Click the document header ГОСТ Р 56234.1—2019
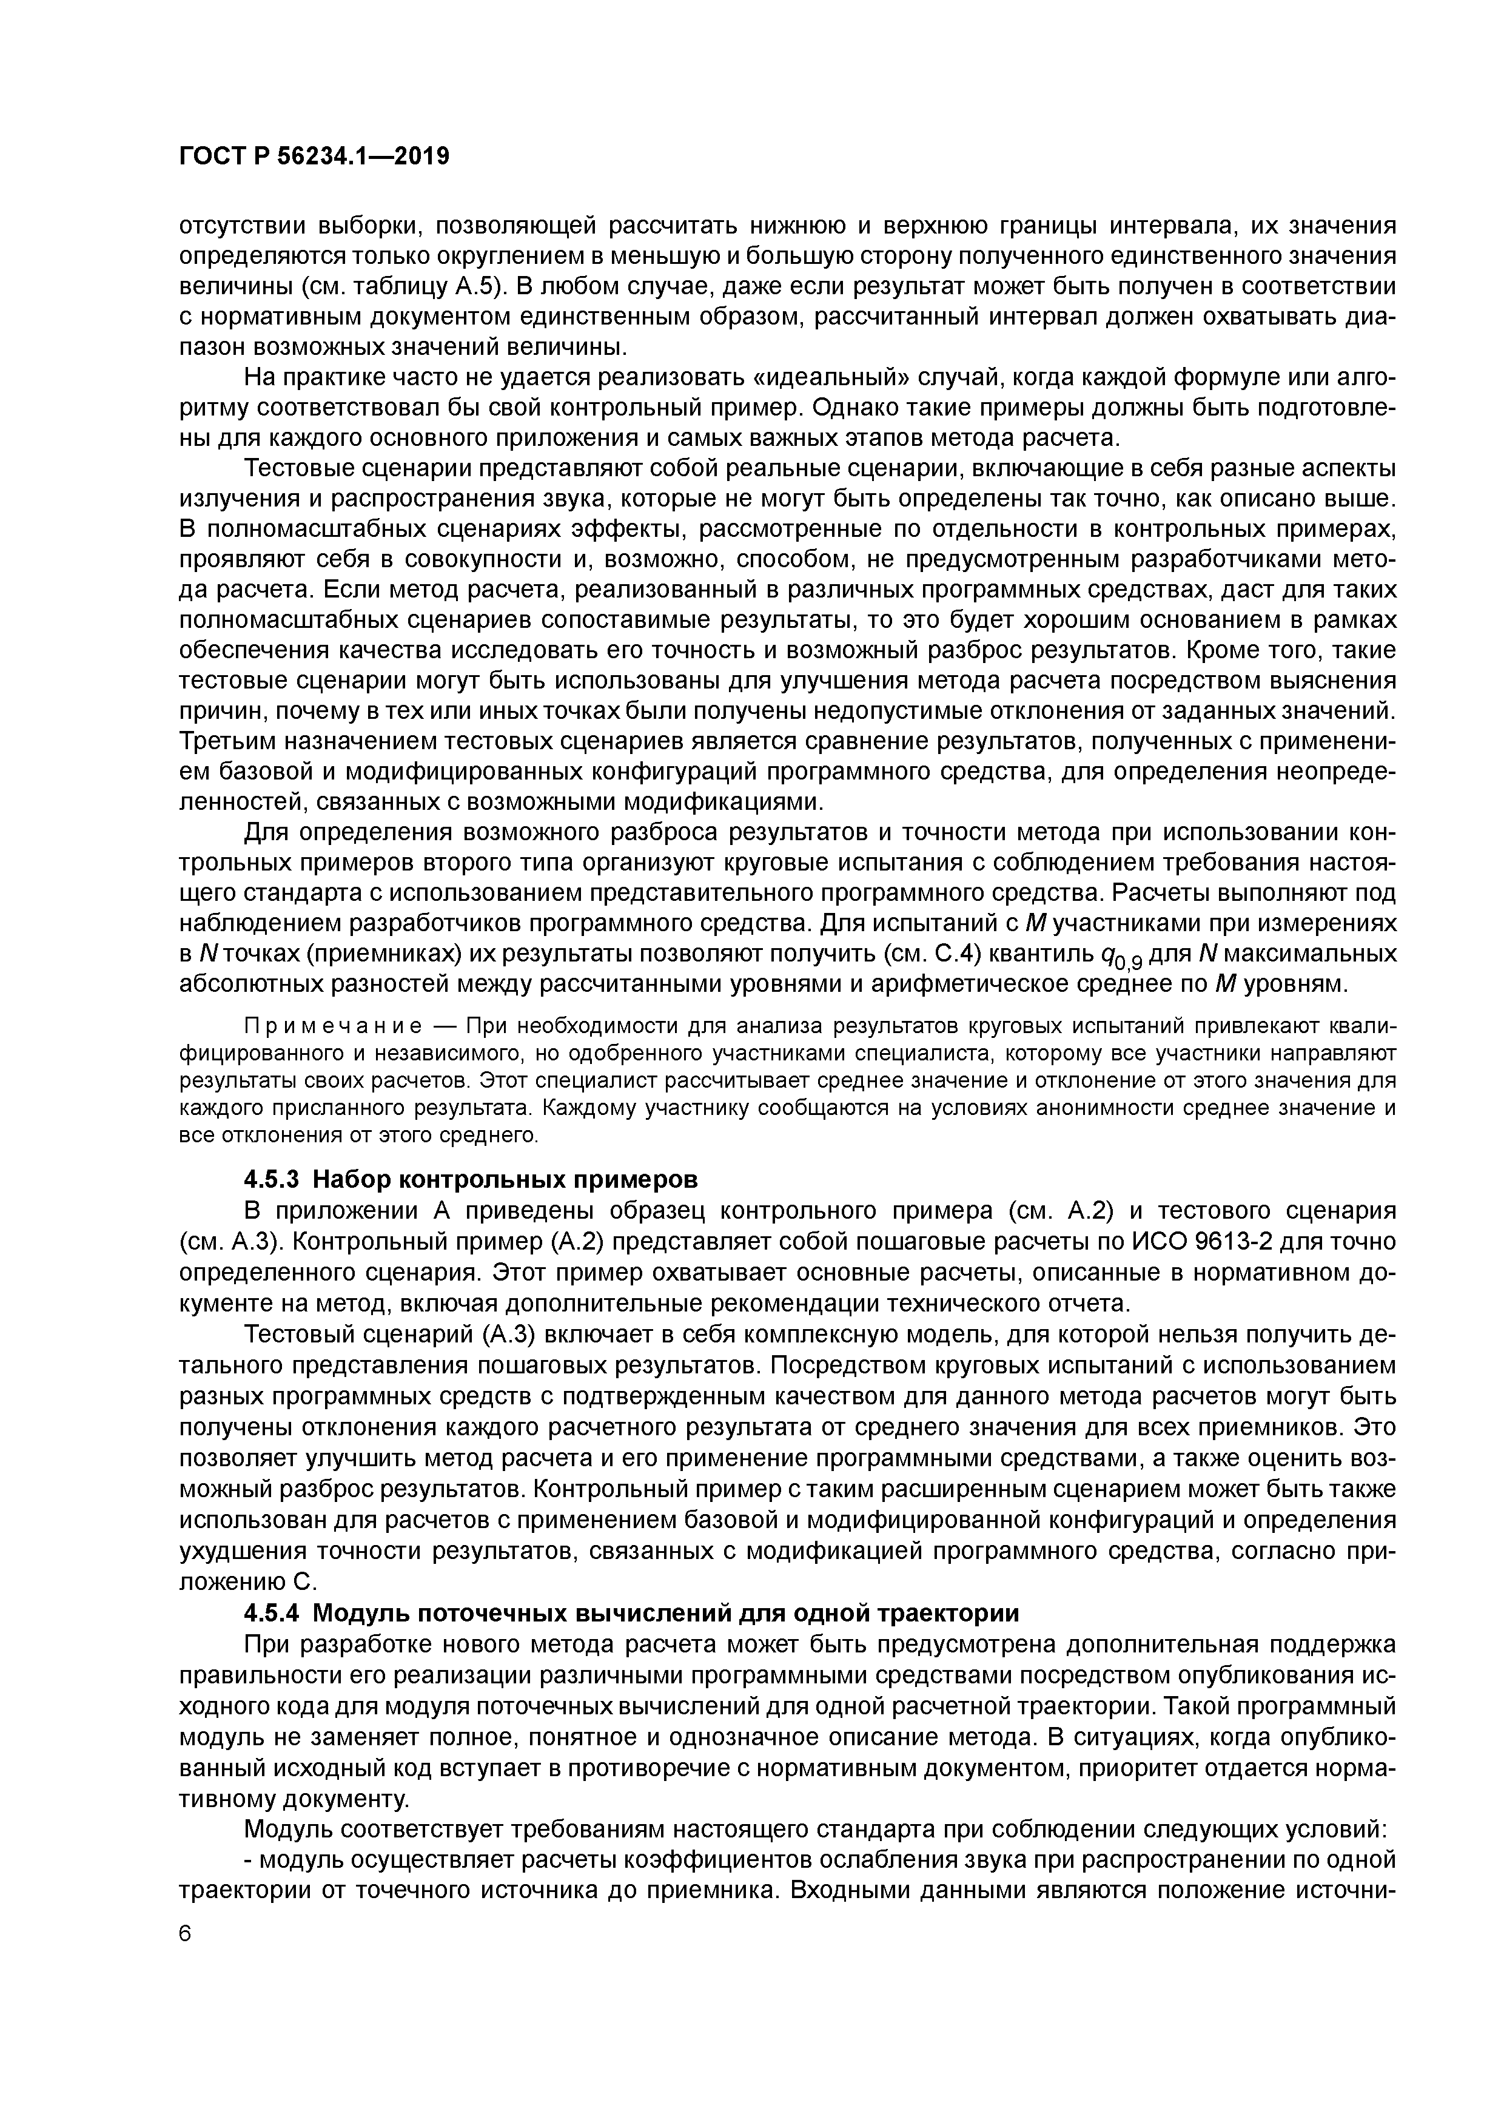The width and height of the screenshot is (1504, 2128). coord(313,157)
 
